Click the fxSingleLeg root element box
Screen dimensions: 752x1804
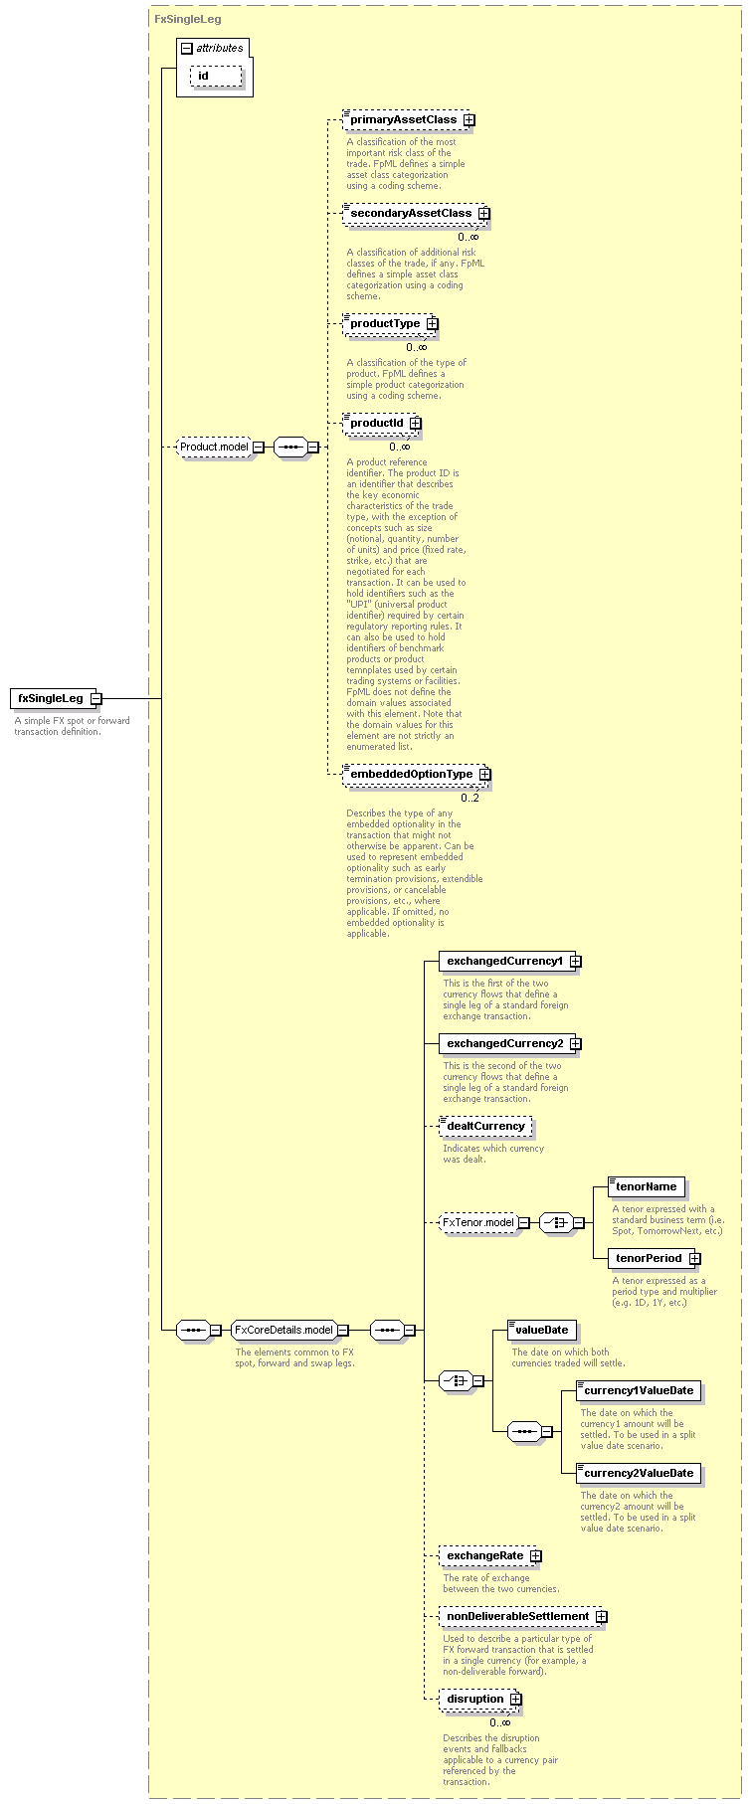[54, 698]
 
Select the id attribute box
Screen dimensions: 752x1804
[216, 76]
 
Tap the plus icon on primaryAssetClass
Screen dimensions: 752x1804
[469, 120]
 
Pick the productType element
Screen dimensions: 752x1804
[390, 324]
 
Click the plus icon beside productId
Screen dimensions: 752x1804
[415, 424]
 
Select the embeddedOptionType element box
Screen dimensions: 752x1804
[417, 775]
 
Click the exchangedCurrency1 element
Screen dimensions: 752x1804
[507, 962]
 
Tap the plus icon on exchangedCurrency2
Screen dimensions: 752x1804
[575, 1044]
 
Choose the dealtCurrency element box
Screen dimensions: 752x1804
[485, 1127]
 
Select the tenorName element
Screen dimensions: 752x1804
[646, 1187]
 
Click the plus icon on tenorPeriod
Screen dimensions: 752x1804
[694, 1259]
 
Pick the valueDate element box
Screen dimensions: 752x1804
[542, 1331]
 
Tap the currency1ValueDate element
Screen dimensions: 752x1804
[639, 1391]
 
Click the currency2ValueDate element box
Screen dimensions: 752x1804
[639, 1474]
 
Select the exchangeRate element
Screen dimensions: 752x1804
[490, 1556]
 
